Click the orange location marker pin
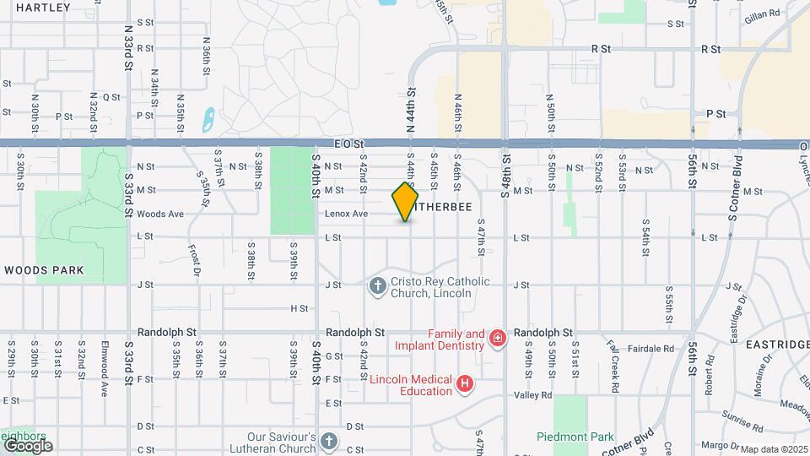406,201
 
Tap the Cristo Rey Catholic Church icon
377,287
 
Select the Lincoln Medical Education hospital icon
463,385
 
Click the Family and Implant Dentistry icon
498,339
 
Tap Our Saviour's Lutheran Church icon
329,441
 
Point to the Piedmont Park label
576,437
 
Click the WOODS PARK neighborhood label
44,270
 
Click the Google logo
28,445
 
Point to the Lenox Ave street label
347,214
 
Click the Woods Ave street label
159,214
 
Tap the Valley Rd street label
533,394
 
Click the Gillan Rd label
762,15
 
